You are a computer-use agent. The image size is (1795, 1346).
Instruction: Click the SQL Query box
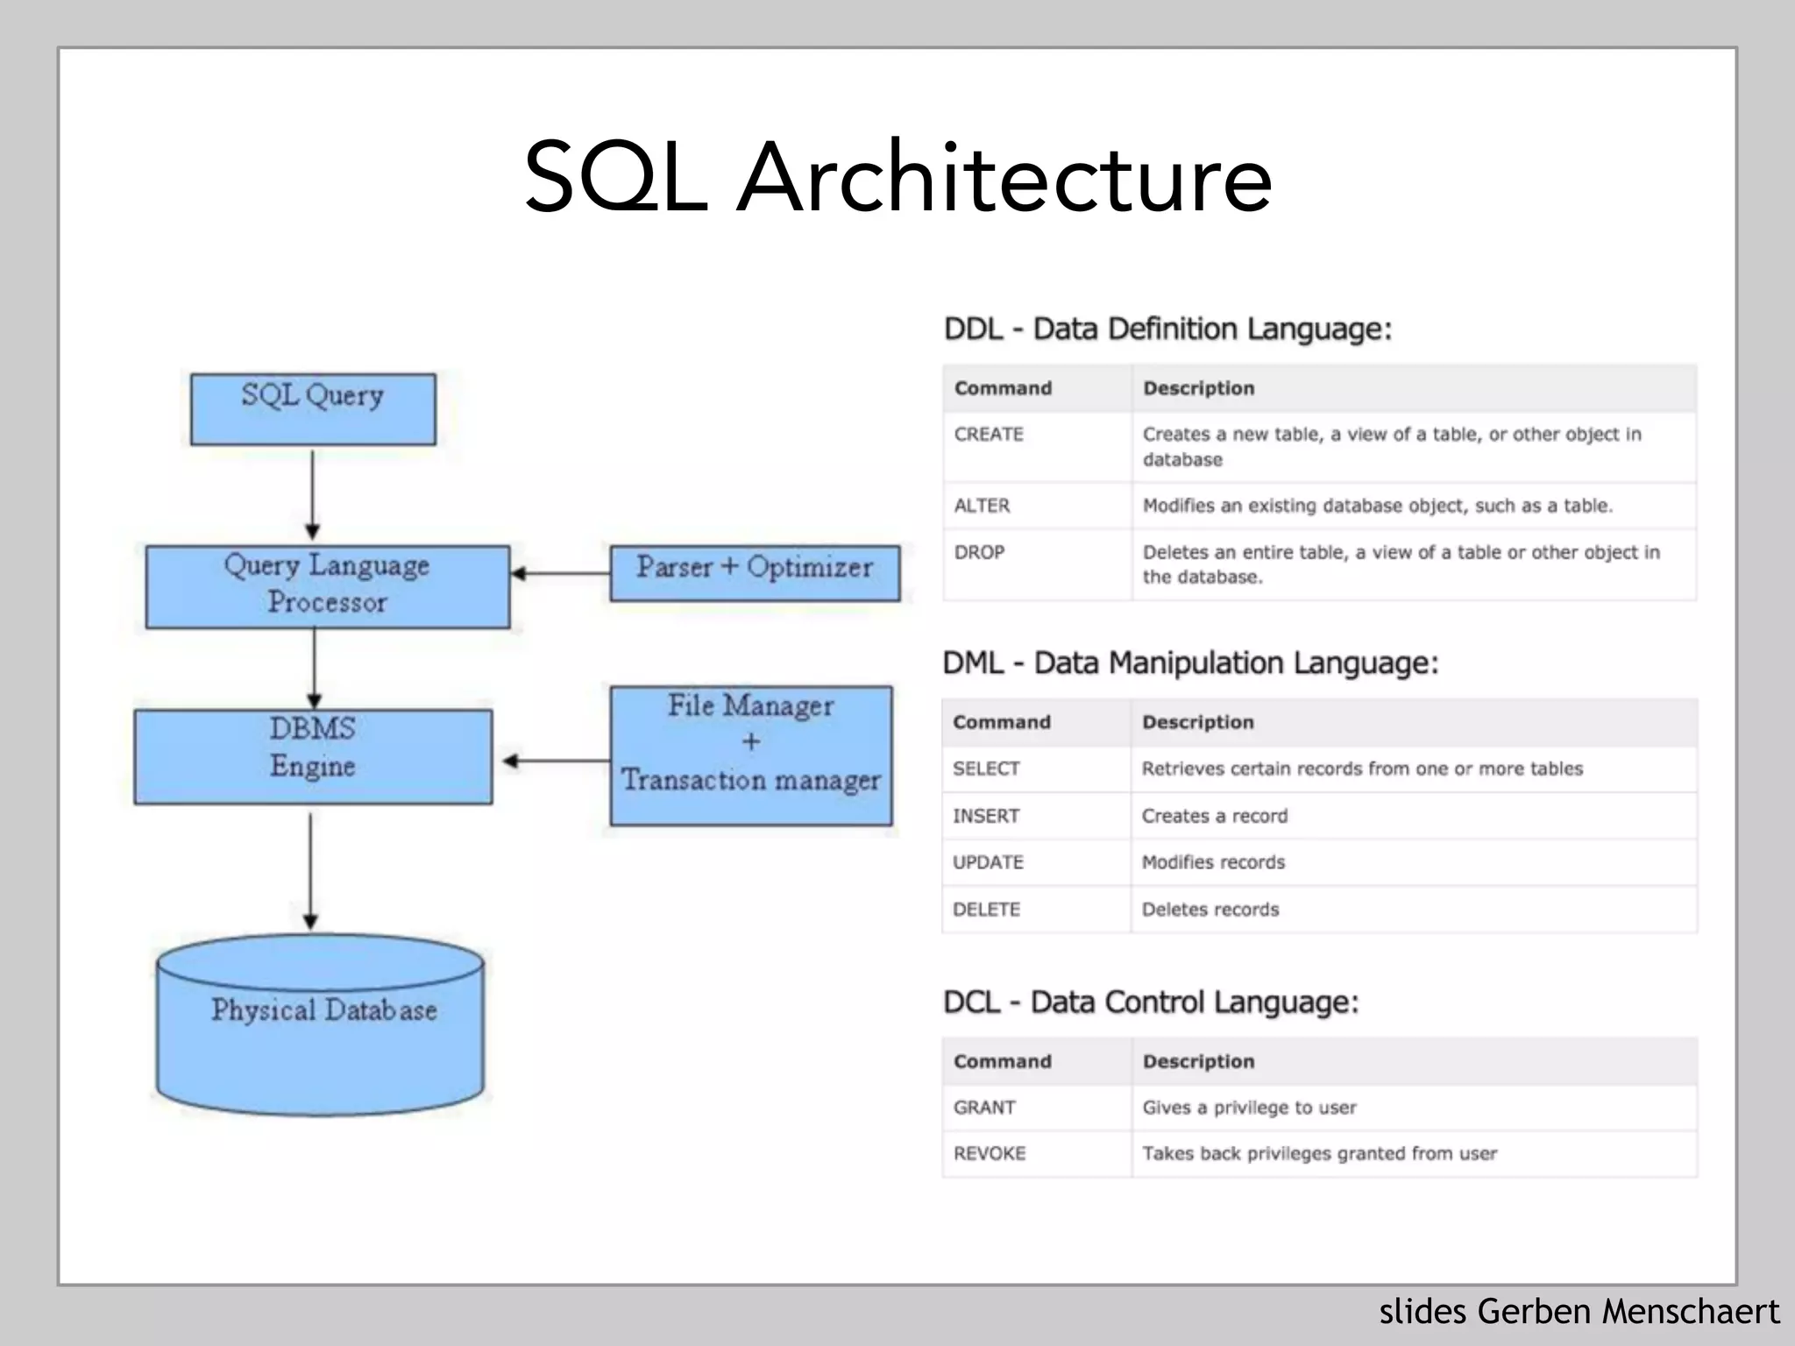coord(313,408)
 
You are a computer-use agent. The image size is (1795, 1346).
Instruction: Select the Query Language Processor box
coord(327,586)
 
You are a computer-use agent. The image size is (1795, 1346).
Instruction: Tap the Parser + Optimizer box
coord(754,573)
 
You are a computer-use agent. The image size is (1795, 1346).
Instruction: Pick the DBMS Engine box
coord(313,755)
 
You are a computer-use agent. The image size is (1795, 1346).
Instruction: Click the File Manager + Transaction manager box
coord(751,755)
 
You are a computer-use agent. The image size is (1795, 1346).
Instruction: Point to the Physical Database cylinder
coord(321,1025)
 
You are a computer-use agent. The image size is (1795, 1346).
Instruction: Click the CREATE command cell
coord(989,435)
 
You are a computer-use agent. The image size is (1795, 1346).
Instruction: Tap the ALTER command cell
coord(982,506)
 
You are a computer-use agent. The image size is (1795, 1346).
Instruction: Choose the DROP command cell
coord(979,553)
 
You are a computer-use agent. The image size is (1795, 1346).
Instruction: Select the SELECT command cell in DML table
coord(986,769)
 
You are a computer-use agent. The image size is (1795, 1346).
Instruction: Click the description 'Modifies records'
coord(1213,862)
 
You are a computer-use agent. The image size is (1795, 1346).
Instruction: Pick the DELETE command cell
coord(986,910)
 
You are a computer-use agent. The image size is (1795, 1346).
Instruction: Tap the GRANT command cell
coord(984,1108)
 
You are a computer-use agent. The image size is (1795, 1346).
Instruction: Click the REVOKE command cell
coord(990,1153)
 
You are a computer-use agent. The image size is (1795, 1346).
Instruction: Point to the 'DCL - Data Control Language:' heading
coord(1150,1002)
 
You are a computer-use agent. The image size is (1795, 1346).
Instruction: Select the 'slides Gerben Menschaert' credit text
coord(1579,1312)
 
